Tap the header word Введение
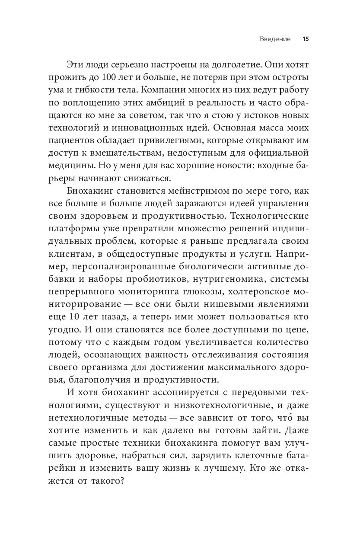coord(275,39)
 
